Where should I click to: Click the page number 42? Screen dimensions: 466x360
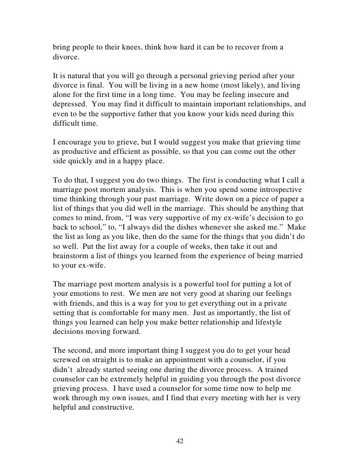point(180,441)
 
